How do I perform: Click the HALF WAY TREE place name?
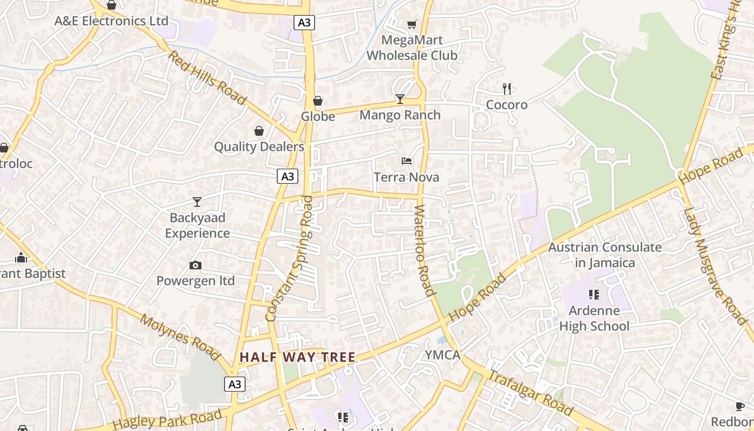coord(297,357)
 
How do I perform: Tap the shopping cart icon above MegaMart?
coord(412,24)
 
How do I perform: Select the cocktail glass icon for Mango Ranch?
coord(400,99)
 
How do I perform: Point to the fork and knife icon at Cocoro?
coord(506,88)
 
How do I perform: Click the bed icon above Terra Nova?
coord(407,161)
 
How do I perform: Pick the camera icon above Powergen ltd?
coord(196,265)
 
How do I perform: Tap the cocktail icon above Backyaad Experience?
coord(197,202)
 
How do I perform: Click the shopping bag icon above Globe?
coord(318,101)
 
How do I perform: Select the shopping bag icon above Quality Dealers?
coord(259,131)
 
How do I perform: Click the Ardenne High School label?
coord(594,318)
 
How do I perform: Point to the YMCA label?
coord(443,355)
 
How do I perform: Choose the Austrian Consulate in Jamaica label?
coord(605,255)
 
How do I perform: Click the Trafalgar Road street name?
coord(531,393)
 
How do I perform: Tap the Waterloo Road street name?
coord(424,251)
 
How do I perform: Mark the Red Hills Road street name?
coord(207,78)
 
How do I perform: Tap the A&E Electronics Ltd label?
coord(111,21)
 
